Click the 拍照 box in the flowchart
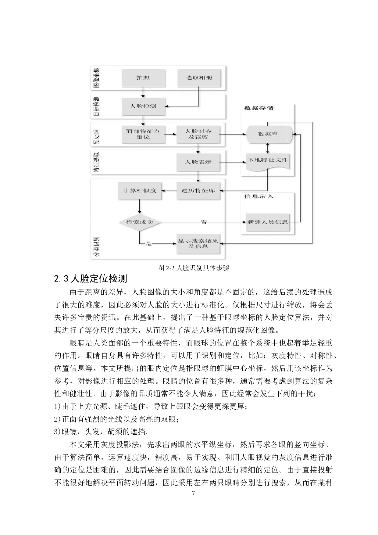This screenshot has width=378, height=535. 143,78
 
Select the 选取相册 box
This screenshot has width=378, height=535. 199,78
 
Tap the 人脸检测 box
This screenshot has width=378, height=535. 143,106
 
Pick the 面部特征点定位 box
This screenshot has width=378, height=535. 143,135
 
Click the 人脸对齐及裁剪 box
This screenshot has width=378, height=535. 198,135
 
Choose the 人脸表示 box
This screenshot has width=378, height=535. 198,162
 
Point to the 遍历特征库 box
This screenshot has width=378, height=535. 198,191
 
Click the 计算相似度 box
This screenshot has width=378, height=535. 140,191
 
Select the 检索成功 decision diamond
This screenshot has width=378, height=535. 140,222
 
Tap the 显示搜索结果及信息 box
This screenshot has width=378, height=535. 198,244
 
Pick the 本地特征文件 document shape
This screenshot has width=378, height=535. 268,161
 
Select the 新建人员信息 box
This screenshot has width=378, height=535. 268,222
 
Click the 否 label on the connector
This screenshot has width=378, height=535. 204,222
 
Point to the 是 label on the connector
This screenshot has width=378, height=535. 149,244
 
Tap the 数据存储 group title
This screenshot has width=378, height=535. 259,108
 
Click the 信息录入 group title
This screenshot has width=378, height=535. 259,196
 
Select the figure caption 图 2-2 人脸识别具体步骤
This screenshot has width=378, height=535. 194,268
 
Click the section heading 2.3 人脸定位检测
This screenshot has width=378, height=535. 91,278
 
